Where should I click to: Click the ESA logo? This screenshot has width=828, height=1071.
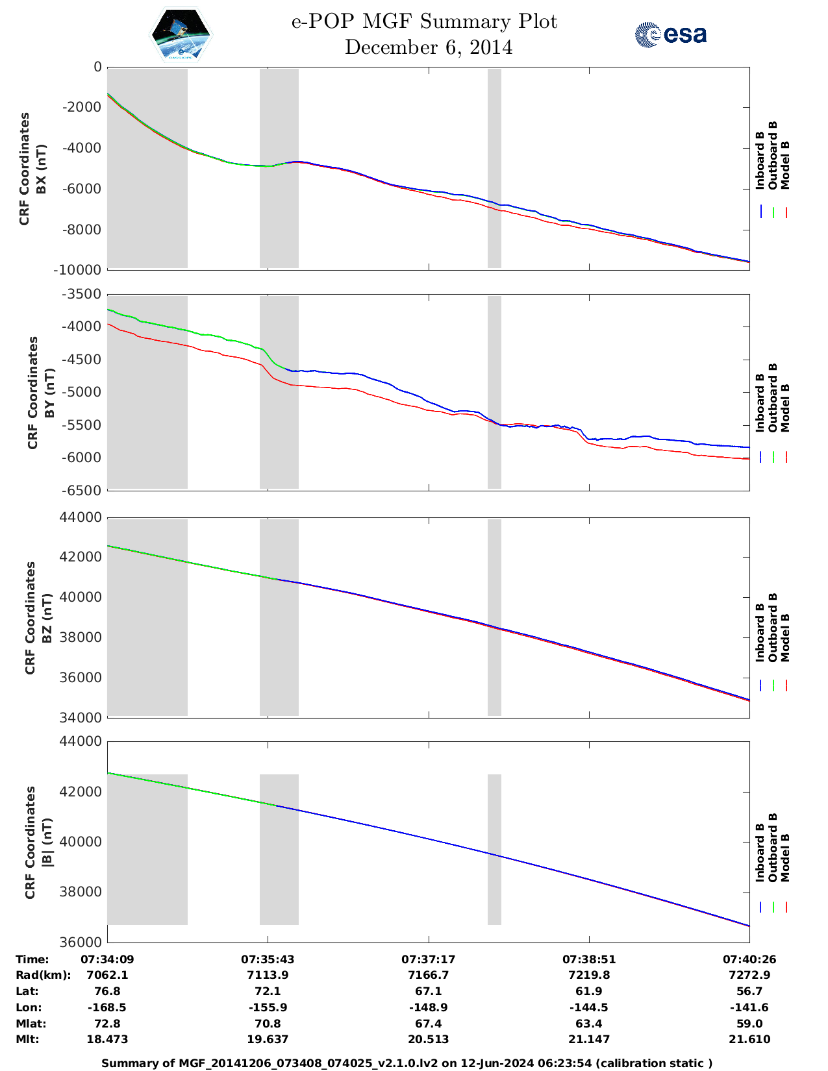pos(671,34)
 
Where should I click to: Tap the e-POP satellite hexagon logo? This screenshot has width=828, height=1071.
pos(181,34)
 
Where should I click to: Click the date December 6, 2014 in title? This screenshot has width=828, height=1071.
pos(428,47)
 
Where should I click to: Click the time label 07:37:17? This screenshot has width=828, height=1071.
pos(428,959)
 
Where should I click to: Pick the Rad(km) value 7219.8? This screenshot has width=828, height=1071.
pos(588,975)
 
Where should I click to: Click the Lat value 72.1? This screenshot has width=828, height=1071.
pos(268,991)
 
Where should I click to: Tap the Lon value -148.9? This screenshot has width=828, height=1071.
pos(428,1007)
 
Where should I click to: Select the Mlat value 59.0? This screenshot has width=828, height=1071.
pos(749,1024)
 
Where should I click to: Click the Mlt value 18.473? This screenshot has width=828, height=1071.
pos(107,1039)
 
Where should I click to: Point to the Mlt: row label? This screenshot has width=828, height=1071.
pos(27,1039)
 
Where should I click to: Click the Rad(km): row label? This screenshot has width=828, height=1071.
pos(43,975)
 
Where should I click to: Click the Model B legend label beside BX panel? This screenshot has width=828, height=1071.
pos(785,165)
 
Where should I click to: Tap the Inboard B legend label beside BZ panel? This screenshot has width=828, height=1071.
pos(760,633)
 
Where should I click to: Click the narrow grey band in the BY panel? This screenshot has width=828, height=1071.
pos(494,392)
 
